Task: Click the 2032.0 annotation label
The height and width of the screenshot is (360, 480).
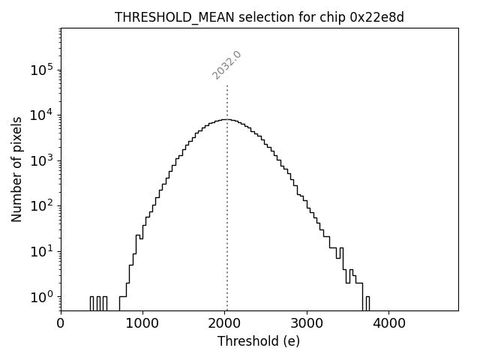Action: coord(226,65)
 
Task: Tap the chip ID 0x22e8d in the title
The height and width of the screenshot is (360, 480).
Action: coord(376,17)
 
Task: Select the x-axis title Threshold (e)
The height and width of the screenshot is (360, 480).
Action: coord(259,341)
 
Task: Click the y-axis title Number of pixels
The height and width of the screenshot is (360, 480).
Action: coord(16,169)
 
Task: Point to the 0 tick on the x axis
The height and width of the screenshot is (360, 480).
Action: coord(61,323)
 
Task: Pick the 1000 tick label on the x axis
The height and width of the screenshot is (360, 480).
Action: coord(142,323)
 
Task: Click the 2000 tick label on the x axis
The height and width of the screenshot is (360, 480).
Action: coord(225,323)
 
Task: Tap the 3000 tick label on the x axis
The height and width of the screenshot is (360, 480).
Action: coord(307,323)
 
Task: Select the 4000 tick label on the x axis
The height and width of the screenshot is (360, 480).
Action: coord(389,323)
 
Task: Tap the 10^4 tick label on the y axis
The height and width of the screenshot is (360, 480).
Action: coord(42,114)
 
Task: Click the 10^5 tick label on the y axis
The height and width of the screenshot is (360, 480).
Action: coord(42,69)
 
